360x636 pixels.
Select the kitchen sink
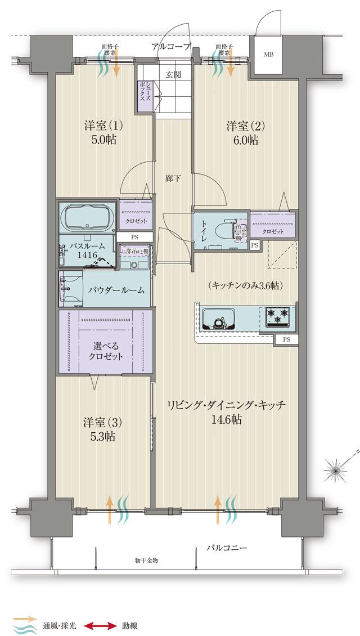(x=218, y=321)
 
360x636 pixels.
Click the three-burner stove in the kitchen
(x=277, y=317)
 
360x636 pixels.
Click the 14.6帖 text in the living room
(x=227, y=419)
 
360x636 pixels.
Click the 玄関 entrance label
(x=173, y=74)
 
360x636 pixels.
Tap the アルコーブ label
(x=172, y=47)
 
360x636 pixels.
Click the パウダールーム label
(x=116, y=290)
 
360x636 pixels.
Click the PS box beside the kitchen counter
(x=286, y=339)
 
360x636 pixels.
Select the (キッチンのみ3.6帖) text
(x=245, y=285)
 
